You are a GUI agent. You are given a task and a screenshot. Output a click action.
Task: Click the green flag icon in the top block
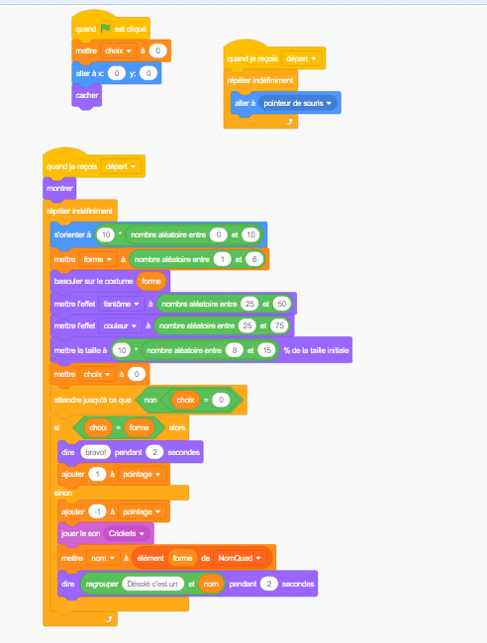click(106, 29)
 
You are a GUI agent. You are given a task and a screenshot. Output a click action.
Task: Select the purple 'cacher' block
click(86, 96)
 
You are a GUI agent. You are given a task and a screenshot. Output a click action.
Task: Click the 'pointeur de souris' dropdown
click(298, 103)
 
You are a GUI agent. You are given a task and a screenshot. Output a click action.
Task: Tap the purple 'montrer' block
click(59, 189)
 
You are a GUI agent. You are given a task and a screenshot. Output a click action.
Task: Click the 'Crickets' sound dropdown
click(127, 533)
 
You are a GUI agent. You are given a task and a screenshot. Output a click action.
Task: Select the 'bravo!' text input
click(96, 452)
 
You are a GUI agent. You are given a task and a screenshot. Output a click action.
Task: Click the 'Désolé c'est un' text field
click(152, 584)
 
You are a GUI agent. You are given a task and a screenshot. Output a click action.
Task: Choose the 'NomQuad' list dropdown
click(240, 558)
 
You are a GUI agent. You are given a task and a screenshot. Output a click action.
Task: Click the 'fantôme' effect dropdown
click(121, 304)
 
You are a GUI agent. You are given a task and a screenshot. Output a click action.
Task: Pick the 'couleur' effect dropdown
click(120, 325)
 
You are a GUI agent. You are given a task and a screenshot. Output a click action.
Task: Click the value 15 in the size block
click(266, 350)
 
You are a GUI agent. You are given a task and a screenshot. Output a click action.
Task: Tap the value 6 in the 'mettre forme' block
click(254, 259)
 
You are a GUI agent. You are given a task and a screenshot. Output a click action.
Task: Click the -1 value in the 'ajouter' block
click(97, 511)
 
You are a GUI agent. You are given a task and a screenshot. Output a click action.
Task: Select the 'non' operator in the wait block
click(150, 400)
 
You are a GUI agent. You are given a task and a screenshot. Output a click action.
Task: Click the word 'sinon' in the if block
click(62, 493)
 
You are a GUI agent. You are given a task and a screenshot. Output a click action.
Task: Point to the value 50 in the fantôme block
click(281, 304)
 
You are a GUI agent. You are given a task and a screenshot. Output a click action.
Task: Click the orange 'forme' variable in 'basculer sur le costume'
click(151, 281)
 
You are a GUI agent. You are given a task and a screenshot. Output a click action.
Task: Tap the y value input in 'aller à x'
click(148, 73)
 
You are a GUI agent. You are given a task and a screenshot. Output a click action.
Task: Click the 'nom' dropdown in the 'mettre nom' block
click(103, 558)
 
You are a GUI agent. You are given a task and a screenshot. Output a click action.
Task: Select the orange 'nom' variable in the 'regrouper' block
click(211, 584)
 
